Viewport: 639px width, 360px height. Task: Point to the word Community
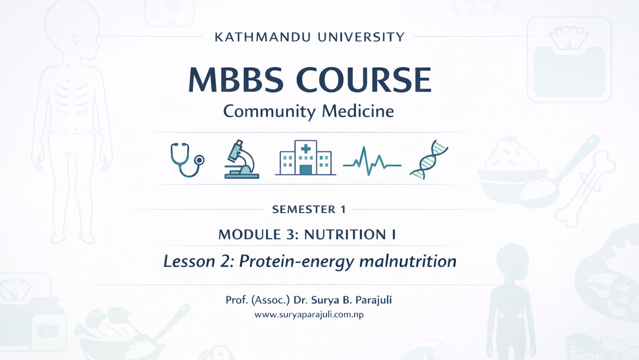[269, 112]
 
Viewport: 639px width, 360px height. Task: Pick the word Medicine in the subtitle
[358, 111]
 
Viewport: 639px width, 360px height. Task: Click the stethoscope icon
[187, 159]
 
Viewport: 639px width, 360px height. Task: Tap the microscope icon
[241, 159]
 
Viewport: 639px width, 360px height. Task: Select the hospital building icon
[305, 157]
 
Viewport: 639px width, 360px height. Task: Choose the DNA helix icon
[429, 159]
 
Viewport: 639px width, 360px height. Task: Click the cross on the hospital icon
[306, 149]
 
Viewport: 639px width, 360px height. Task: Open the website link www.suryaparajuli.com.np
[309, 315]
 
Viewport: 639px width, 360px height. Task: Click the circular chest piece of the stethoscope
[199, 160]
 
